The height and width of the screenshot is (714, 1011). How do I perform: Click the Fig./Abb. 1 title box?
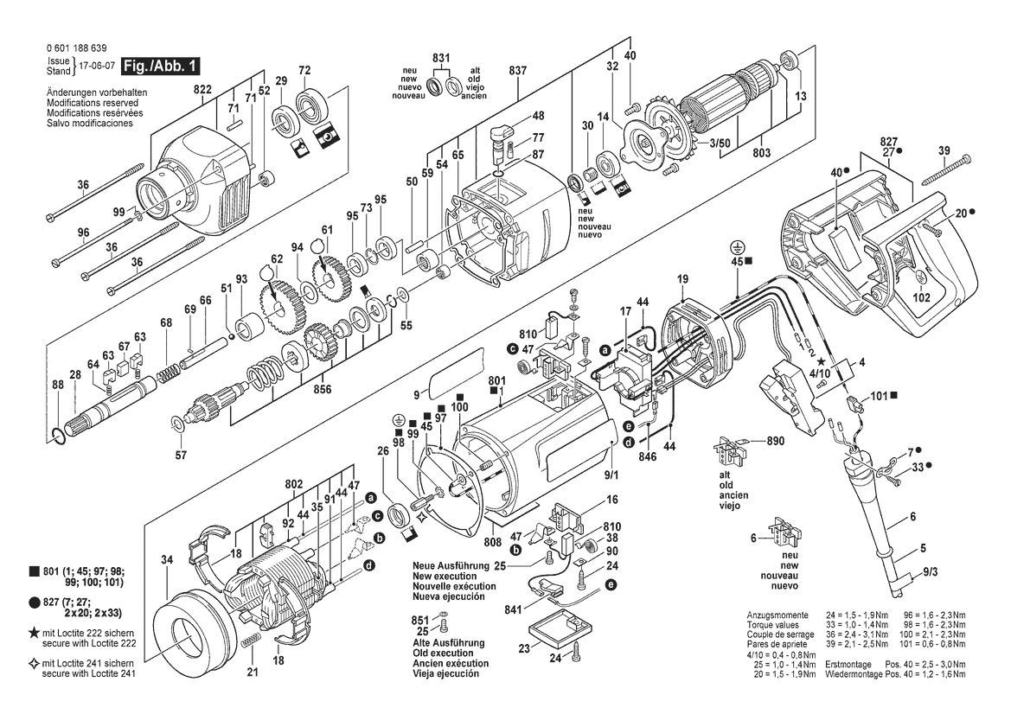coord(160,66)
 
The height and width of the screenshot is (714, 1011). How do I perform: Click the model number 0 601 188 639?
coord(77,48)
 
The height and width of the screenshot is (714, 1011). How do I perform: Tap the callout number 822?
coord(202,90)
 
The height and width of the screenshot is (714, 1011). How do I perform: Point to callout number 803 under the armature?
coord(761,153)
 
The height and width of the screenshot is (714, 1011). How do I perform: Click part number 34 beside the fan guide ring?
coord(167,560)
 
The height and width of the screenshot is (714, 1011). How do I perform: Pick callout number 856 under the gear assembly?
coord(323,389)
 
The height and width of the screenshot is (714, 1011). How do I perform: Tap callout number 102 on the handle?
coord(922,297)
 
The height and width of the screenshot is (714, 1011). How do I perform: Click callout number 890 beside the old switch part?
coord(776,441)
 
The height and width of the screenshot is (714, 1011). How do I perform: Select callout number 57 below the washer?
coord(181,455)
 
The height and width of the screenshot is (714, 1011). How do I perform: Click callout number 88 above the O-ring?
coord(58,385)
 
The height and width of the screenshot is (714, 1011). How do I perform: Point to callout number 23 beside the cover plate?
coord(524,648)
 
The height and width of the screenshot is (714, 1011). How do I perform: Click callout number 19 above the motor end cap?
coord(683,279)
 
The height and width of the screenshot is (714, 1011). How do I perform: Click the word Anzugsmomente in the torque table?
coord(777,615)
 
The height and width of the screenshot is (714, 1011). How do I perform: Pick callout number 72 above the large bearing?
coord(305,70)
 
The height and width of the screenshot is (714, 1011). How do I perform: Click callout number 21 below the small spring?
coord(253,673)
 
